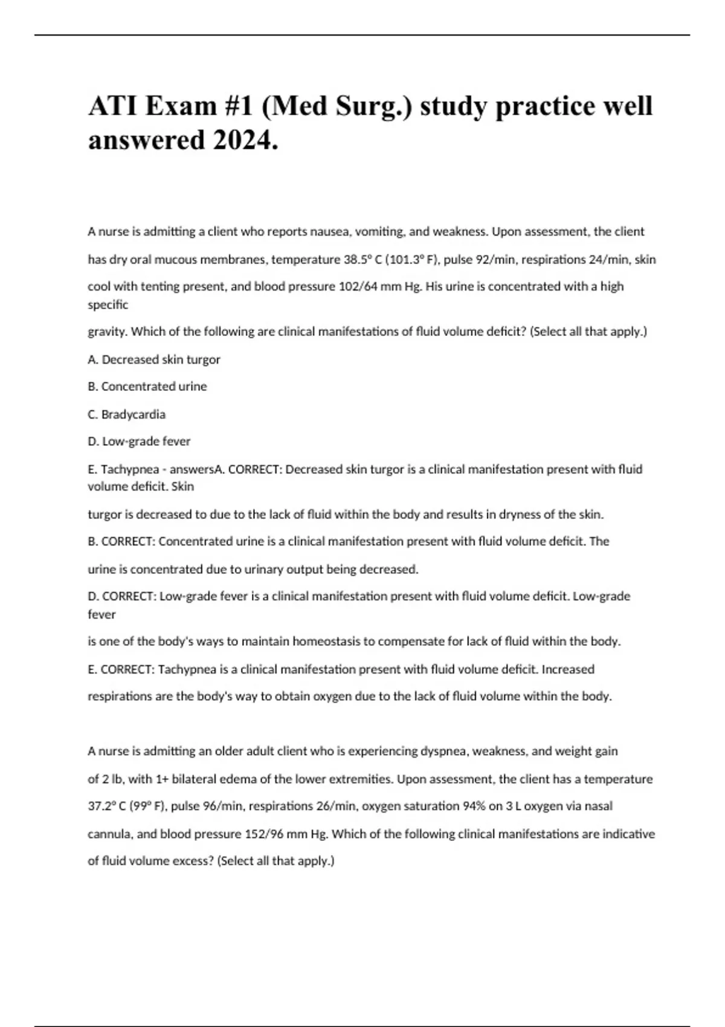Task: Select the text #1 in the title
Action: point(239,106)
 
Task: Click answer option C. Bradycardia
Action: point(127,414)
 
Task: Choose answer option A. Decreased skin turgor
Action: point(154,359)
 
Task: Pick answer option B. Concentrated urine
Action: point(147,387)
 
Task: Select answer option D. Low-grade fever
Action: point(139,442)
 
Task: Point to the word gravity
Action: point(108,332)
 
